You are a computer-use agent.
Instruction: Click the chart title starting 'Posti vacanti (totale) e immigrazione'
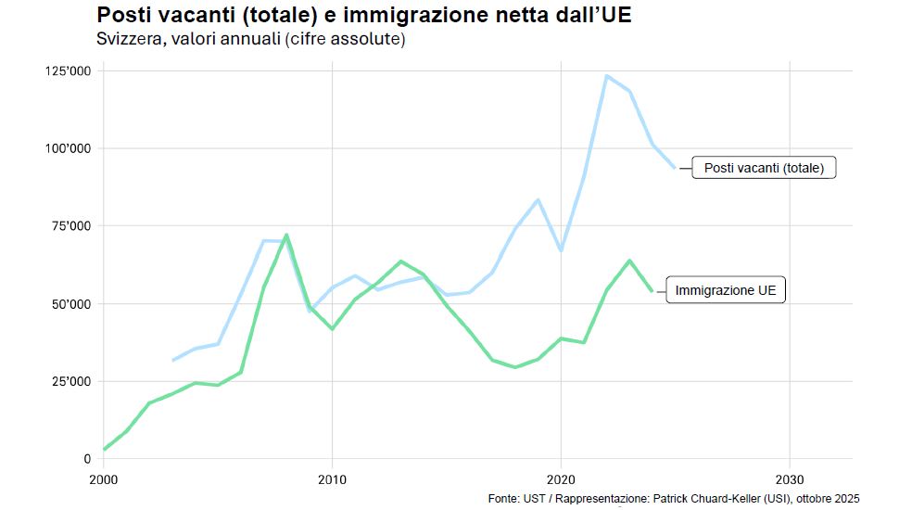pyautogui.click(x=364, y=16)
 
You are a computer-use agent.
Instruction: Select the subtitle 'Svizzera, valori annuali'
pyautogui.click(x=251, y=40)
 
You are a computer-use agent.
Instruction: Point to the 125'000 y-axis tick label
pyautogui.click(x=70, y=70)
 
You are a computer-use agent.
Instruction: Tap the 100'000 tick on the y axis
pyautogui.click(x=70, y=148)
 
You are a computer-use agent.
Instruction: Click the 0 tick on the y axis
pyautogui.click(x=87, y=459)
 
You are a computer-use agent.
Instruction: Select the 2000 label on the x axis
pyautogui.click(x=103, y=479)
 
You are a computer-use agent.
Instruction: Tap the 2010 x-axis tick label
pyautogui.click(x=332, y=479)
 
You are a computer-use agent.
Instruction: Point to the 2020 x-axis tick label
pyautogui.click(x=561, y=479)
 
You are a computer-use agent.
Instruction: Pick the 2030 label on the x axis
pyautogui.click(x=789, y=479)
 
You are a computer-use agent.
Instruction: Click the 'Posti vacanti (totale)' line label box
pyautogui.click(x=764, y=168)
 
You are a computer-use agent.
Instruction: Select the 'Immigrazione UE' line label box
pyautogui.click(x=726, y=290)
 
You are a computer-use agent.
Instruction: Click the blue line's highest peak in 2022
pyautogui.click(x=606, y=76)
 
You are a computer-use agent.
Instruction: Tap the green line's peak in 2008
pyautogui.click(x=286, y=235)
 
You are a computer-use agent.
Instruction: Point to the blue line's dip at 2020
pyautogui.click(x=561, y=250)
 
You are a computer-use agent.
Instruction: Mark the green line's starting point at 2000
pyautogui.click(x=104, y=450)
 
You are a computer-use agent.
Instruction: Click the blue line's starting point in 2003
pyautogui.click(x=172, y=360)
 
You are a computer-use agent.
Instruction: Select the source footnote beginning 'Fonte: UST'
pyautogui.click(x=674, y=499)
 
